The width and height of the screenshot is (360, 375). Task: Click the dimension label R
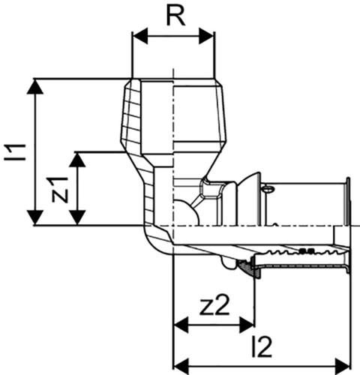[x=176, y=16]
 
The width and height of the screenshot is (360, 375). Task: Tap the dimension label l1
[x=16, y=152]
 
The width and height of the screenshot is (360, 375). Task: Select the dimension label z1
[x=60, y=189]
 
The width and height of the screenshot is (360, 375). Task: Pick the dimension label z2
[x=214, y=305]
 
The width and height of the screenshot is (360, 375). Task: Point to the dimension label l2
[x=262, y=347]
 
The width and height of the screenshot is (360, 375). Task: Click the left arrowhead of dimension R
[x=140, y=36]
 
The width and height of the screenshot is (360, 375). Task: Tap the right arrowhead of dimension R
[x=206, y=36]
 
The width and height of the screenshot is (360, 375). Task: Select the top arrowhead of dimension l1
[x=34, y=87]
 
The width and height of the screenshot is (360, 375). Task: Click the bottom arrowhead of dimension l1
[x=34, y=217]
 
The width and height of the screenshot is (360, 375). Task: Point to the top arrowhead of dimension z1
[x=77, y=160]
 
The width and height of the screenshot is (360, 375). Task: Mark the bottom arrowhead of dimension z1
[x=77, y=217]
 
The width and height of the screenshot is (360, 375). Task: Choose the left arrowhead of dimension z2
[x=181, y=325]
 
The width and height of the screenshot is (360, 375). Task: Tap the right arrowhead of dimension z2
[x=247, y=325]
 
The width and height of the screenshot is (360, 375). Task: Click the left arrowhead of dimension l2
[x=181, y=366]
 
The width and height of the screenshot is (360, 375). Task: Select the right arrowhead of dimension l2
[x=343, y=366]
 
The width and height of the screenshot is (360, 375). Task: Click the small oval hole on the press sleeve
[x=268, y=189]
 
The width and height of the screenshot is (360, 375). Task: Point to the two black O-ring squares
[x=307, y=250]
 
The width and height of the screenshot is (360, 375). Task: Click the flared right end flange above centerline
[x=347, y=202]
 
